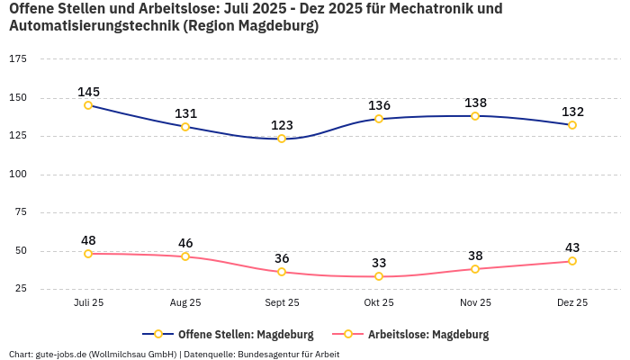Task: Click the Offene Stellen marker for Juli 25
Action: click(x=88, y=105)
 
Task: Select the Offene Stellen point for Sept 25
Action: click(x=282, y=139)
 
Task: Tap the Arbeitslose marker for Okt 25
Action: click(x=379, y=276)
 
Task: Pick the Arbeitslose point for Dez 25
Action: click(x=572, y=261)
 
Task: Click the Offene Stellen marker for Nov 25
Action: click(x=475, y=116)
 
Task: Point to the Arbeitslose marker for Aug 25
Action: click(x=185, y=256)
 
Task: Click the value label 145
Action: click(x=88, y=92)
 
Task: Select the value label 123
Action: click(x=282, y=125)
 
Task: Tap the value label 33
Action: click(x=379, y=263)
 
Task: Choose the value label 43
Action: click(x=572, y=247)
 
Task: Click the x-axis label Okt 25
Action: click(x=379, y=303)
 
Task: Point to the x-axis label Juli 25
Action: click(x=88, y=303)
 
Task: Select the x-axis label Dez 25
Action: click(x=572, y=303)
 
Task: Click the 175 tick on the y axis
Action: click(x=18, y=59)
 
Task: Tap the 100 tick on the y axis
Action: click(x=18, y=174)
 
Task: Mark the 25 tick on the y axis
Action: click(x=20, y=289)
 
